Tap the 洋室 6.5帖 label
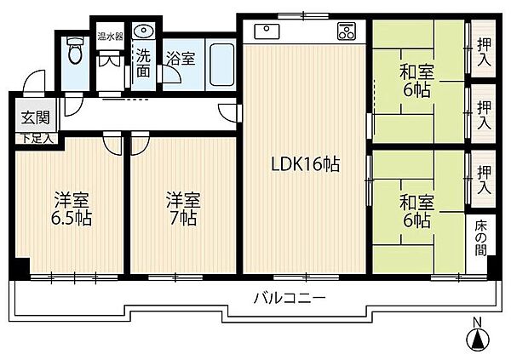73,209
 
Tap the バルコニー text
290,298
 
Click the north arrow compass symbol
479,338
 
